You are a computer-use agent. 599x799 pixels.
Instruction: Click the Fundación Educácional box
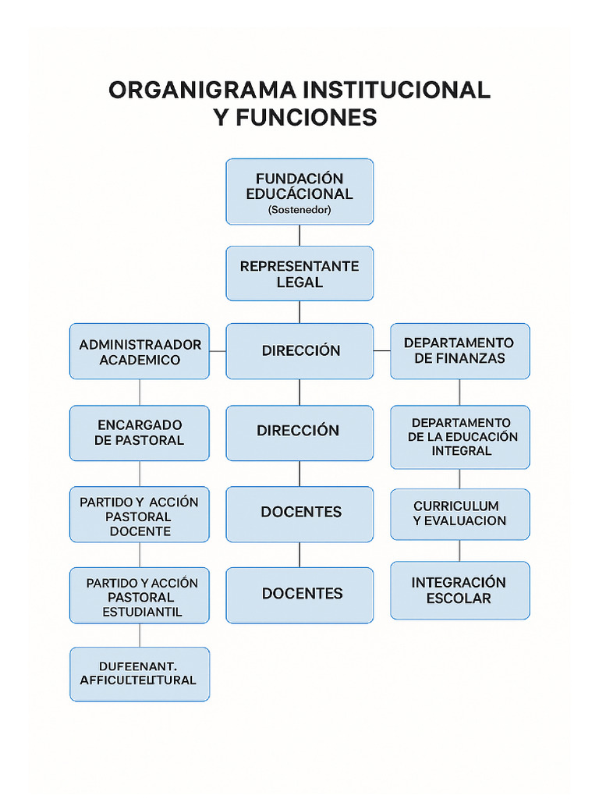pyautogui.click(x=299, y=191)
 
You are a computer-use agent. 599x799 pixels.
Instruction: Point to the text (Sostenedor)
pyautogui.click(x=299, y=211)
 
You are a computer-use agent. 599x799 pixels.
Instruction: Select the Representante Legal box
pyautogui.click(x=299, y=273)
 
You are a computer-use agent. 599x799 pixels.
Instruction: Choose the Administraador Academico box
pyautogui.click(x=140, y=351)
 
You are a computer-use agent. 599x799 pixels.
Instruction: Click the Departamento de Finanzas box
pyautogui.click(x=459, y=351)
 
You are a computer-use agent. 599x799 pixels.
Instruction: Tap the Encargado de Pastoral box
pyautogui.click(x=140, y=432)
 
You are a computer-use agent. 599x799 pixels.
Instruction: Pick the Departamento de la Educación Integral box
pyautogui.click(x=459, y=437)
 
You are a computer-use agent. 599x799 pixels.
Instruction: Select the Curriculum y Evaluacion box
pyautogui.click(x=459, y=513)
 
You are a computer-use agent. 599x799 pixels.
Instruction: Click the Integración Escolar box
pyautogui.click(x=459, y=591)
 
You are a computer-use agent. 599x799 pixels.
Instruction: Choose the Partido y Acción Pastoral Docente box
pyautogui.click(x=140, y=514)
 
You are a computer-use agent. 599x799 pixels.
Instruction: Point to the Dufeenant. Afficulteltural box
pyautogui.click(x=140, y=673)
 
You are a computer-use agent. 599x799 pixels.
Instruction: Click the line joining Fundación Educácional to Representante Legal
pyautogui.click(x=299, y=236)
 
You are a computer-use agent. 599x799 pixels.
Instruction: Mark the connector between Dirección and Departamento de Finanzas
pyautogui.click(x=381, y=351)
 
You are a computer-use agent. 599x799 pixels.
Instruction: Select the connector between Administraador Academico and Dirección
pyautogui.click(x=218, y=351)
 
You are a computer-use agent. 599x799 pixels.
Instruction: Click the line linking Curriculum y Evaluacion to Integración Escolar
pyautogui.click(x=459, y=551)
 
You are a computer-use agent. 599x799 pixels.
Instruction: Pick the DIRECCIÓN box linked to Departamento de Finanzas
pyautogui.click(x=299, y=351)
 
